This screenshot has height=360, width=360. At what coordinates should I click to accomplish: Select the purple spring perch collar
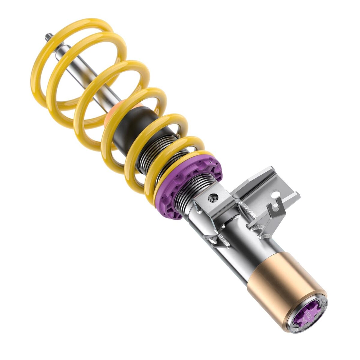click(x=192, y=186)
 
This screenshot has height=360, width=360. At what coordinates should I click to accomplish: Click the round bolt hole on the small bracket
click(x=214, y=197)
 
